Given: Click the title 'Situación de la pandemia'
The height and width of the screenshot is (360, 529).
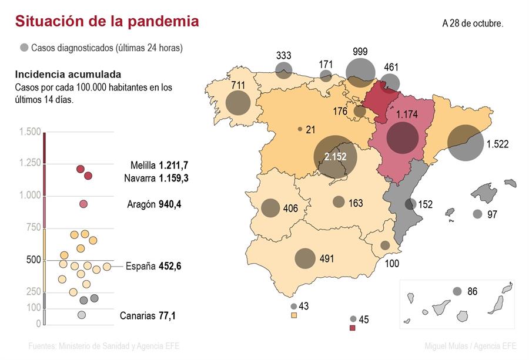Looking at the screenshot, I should (106, 22).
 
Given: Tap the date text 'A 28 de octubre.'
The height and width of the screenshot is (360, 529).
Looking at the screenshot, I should (473, 24).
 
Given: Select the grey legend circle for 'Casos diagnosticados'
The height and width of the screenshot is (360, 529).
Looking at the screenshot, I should (24, 48).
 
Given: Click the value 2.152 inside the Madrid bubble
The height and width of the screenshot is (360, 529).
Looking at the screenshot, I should (335, 157).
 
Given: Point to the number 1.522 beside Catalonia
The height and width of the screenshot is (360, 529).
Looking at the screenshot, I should (497, 144).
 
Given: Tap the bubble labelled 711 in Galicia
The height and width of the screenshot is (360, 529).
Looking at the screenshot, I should (237, 103).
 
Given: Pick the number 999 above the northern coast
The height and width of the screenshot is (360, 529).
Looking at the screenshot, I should (360, 52).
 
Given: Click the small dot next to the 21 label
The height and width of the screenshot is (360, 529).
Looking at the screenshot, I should (300, 129).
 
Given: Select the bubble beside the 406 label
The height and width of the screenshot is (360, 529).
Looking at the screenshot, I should (270, 208).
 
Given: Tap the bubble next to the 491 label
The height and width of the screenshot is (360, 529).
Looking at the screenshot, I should (305, 258).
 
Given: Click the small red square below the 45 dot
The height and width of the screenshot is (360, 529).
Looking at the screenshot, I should (353, 328).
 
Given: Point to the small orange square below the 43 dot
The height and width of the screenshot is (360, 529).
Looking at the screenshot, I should (293, 315).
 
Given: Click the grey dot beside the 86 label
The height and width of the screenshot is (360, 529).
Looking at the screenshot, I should (457, 291).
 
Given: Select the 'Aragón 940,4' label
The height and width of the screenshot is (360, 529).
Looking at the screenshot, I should (154, 204).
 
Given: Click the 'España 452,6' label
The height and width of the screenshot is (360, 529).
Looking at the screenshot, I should (153, 266).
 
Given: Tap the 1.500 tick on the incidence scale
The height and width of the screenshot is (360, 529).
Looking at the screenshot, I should (30, 132).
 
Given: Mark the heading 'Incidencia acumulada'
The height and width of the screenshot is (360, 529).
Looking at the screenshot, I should (68, 75).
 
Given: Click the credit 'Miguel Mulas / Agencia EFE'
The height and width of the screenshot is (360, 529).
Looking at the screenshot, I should (470, 346).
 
